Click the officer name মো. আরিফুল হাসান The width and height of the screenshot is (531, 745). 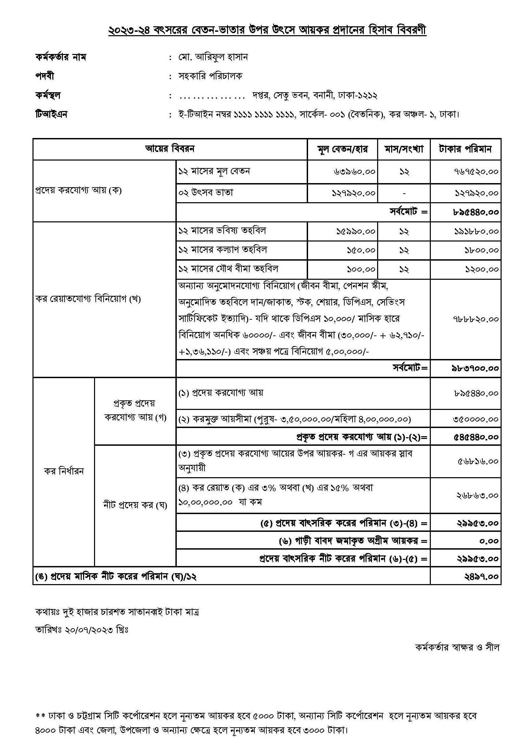[x=213, y=57]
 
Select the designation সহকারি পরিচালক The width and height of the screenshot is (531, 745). [x=210, y=76]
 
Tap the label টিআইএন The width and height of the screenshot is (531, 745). [x=51, y=114]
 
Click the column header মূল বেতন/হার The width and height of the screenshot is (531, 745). [x=342, y=149]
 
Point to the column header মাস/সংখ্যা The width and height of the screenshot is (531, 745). [x=404, y=149]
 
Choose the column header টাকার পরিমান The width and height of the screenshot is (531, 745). [x=465, y=149]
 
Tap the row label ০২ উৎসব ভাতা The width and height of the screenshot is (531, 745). [x=205, y=193]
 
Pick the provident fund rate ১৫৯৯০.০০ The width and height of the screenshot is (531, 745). [x=356, y=232]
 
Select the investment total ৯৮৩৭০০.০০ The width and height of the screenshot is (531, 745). [x=475, y=369]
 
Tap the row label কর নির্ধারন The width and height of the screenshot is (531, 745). [x=64, y=472]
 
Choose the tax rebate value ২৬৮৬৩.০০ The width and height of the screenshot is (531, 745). [x=477, y=495]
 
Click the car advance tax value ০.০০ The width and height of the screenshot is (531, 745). [x=489, y=541]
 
